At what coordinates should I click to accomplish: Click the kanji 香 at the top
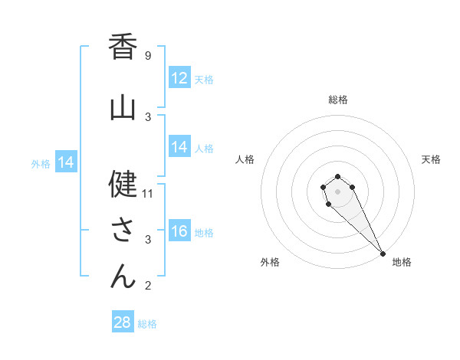tap(123, 47)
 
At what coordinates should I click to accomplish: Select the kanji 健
tap(123, 185)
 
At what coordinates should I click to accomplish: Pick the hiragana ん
tap(123, 277)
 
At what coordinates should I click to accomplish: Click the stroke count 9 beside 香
tap(148, 55)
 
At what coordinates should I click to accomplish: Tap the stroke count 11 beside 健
tap(148, 193)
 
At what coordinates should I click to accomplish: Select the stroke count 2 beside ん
tap(148, 286)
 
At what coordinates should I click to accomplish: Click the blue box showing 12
tap(179, 78)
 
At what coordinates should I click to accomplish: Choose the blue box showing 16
tap(179, 231)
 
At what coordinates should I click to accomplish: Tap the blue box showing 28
tap(123, 322)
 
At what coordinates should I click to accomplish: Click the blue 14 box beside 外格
tap(65, 162)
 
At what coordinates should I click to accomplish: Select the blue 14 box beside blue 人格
tap(179, 147)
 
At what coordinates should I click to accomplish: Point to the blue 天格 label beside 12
tap(204, 79)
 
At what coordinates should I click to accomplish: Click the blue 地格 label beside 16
tap(204, 232)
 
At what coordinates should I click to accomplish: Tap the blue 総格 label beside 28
tap(147, 323)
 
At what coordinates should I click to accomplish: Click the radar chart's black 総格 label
tap(338, 100)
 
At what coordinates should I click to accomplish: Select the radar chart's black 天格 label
tap(431, 159)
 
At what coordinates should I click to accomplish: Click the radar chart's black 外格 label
tap(270, 262)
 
